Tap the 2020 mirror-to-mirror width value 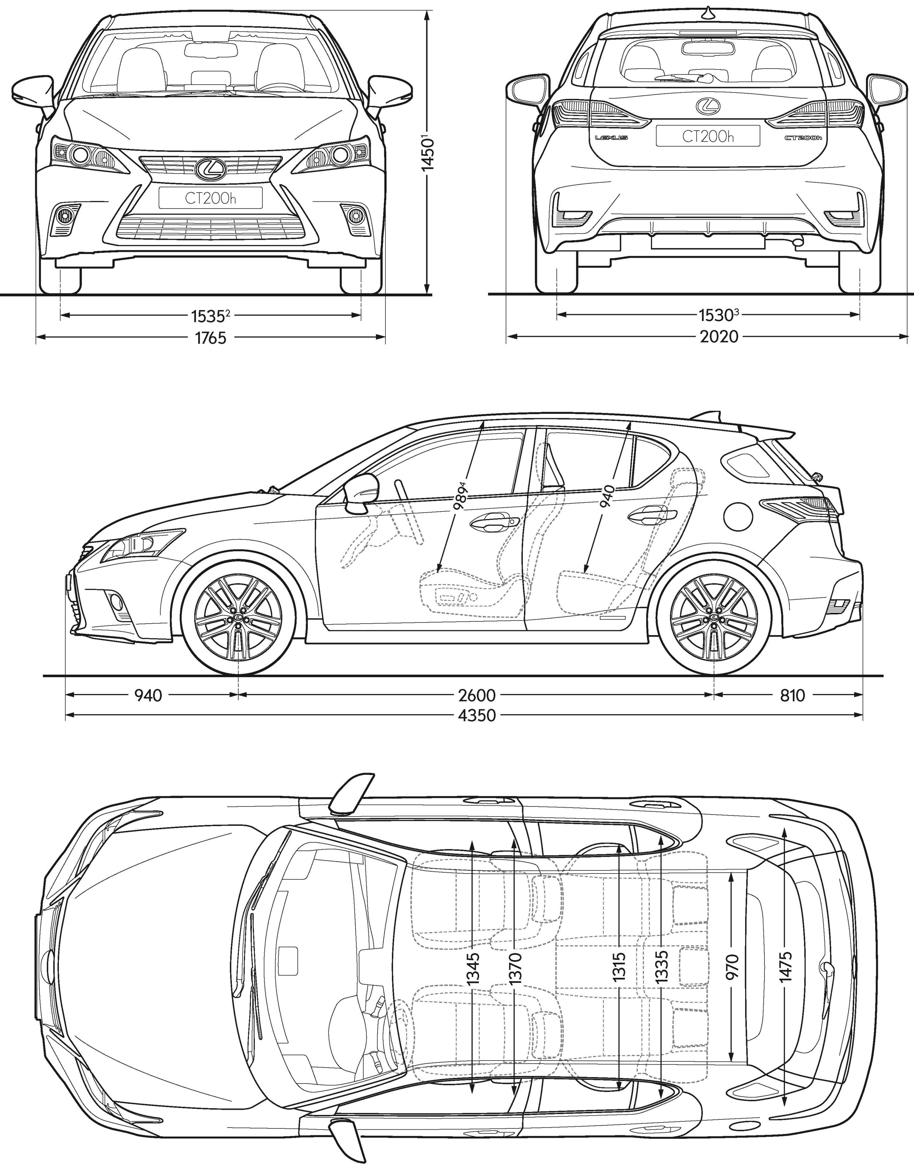(x=719, y=337)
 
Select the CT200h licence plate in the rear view (x=708, y=136)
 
